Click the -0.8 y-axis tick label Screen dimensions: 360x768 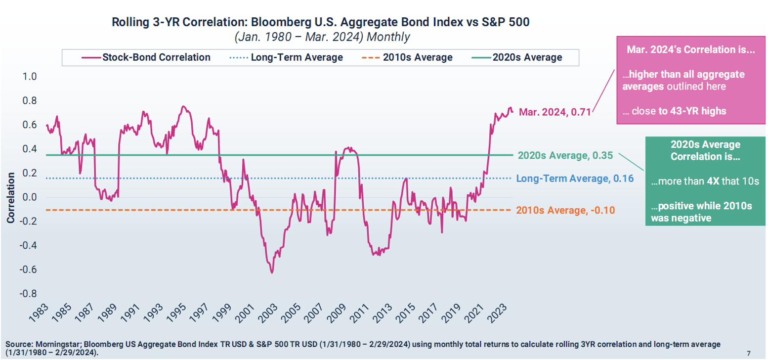(29, 294)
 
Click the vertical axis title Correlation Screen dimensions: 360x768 (10, 198)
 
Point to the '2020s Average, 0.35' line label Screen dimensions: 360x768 (565, 155)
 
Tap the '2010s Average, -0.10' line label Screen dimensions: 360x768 (565, 210)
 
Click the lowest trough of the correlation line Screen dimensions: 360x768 (271, 272)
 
